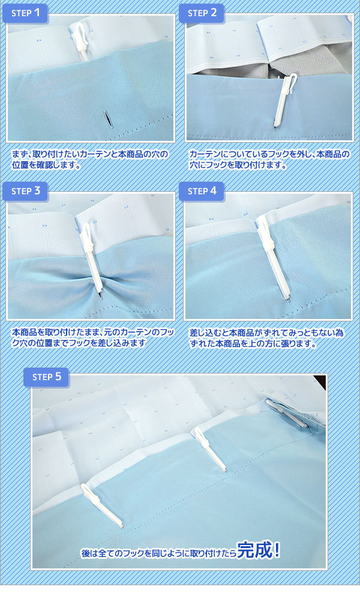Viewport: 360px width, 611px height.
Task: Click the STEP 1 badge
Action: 25,13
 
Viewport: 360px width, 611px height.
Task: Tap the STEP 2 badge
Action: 202,13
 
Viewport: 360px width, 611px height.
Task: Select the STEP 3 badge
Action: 25,191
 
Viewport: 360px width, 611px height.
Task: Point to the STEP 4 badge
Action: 202,191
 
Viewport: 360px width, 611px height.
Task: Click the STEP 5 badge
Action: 46,377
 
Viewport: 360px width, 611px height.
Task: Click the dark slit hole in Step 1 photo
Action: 107,119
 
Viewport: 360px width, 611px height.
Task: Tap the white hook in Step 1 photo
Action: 80,41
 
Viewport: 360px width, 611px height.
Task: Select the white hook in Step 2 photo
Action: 284,100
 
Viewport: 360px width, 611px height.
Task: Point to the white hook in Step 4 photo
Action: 273,259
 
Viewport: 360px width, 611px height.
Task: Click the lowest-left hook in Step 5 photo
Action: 102,505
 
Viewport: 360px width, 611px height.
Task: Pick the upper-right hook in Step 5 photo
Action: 289,413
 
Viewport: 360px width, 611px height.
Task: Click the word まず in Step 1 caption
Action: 19,154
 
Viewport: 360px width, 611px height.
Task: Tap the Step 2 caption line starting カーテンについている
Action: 269,154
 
